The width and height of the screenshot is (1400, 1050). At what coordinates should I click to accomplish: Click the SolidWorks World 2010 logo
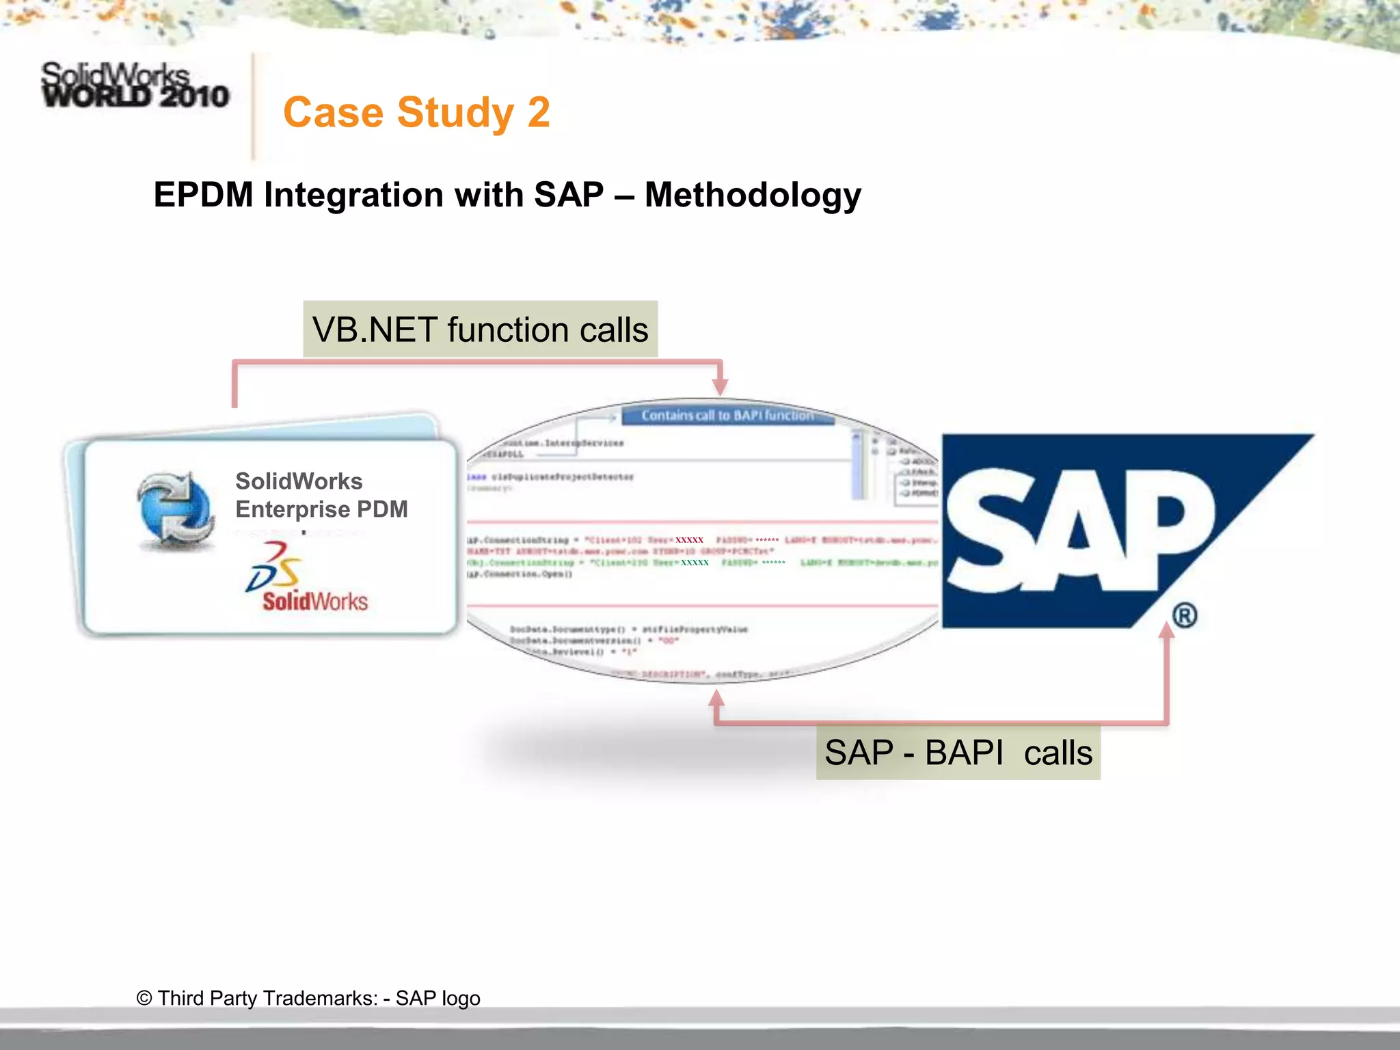[135, 86]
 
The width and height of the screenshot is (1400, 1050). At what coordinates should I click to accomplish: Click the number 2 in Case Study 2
[539, 113]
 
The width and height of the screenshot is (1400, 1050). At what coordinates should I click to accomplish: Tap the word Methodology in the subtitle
[753, 196]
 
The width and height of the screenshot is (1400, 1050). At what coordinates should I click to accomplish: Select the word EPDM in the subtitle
[203, 196]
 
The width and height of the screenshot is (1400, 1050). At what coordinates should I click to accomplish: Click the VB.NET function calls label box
[480, 329]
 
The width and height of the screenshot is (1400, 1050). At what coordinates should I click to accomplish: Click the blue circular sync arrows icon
[176, 510]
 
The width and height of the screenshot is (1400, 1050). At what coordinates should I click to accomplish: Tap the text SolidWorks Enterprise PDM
[321, 496]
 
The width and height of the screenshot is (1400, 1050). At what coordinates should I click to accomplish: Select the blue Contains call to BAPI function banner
[727, 416]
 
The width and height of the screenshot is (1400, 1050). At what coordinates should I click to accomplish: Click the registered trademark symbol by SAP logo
[1185, 615]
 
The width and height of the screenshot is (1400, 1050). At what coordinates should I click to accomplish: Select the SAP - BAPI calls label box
[958, 753]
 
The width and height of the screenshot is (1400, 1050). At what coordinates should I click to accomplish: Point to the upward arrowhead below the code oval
[716, 699]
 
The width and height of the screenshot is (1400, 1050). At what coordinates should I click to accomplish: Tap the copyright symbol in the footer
[144, 998]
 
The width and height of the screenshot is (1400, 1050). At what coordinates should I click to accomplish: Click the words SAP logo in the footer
[437, 998]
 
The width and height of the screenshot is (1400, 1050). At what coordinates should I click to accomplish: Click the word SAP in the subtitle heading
[569, 196]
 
